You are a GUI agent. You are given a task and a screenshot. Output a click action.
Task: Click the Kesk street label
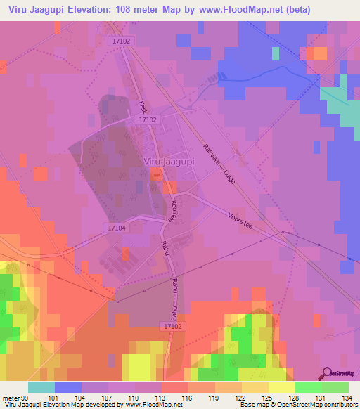pos(143,107)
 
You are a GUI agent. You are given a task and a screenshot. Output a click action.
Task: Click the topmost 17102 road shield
pos(121,42)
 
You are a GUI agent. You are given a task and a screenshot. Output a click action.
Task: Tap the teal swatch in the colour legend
pos(41,387)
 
